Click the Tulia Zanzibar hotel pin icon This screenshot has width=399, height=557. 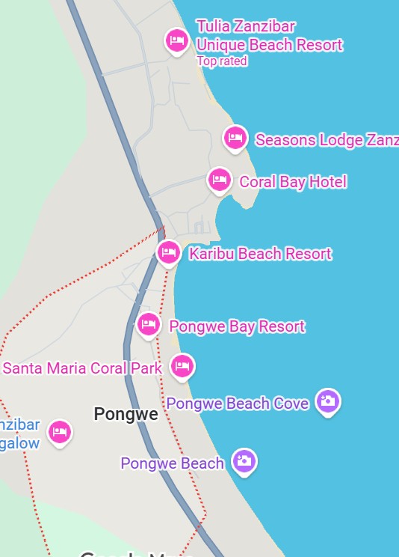point(176,40)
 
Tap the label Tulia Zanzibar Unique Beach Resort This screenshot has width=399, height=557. point(269,36)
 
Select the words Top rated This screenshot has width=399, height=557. point(221,61)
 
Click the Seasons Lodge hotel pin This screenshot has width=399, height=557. point(235,138)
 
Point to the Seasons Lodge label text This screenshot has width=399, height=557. point(327,140)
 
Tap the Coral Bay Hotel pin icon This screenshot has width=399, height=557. point(219,180)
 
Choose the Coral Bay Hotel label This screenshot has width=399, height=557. point(293,182)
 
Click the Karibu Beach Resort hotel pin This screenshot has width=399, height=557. point(169,252)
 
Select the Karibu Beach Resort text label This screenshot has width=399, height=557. point(260,254)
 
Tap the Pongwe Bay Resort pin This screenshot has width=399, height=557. point(149,324)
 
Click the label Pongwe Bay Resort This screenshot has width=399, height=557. point(237,326)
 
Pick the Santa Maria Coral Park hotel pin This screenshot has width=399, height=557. point(182,366)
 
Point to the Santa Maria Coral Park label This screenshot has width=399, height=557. point(82,368)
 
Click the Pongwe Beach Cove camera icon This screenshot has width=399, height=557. point(327,401)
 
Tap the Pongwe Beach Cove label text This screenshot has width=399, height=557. point(238,404)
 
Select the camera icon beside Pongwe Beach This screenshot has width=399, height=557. point(244,461)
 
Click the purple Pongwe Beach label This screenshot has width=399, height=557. point(172,463)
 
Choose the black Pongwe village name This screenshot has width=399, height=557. point(126,414)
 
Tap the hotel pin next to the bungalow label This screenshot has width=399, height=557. point(59,432)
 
